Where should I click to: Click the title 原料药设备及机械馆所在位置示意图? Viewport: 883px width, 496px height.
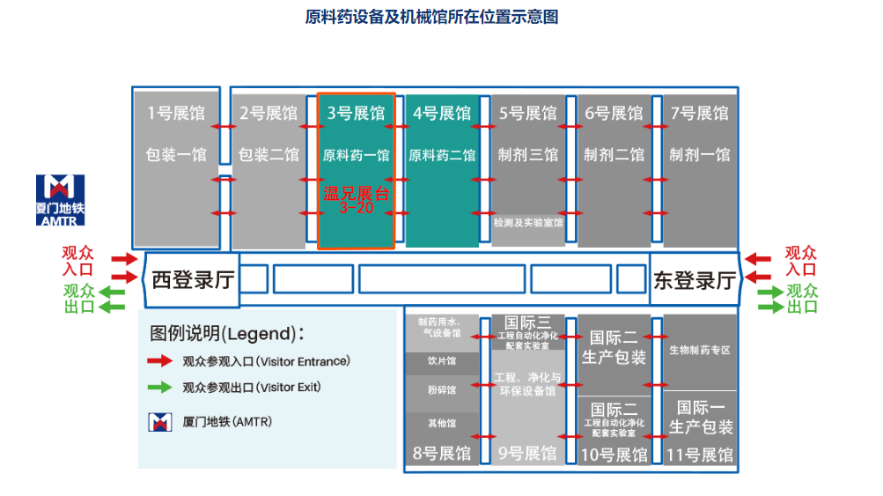pos(431,17)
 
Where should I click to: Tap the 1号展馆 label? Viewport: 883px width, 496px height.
pos(175,114)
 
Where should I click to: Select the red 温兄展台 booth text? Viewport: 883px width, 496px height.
pos(356,195)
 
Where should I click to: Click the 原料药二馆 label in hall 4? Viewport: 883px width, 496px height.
pos(442,155)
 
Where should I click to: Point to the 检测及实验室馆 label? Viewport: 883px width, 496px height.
pos(527,223)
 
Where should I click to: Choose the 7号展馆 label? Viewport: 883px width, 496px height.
pos(700,114)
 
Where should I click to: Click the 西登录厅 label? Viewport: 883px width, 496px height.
pos(192,280)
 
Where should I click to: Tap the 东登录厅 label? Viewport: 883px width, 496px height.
pos(695,280)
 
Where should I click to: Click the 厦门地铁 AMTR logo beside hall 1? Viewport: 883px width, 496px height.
pos(61,199)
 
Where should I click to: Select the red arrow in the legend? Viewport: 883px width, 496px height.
pos(159,360)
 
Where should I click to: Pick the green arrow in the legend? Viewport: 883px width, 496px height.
pos(159,387)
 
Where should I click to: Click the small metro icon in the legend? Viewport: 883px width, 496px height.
pos(159,422)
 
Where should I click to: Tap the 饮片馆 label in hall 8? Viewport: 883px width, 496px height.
pos(441,361)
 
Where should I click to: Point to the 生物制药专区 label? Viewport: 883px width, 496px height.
pos(700,350)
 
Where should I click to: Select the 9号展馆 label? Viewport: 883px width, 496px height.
pos(527,454)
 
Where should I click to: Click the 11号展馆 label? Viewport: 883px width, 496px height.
pos(700,455)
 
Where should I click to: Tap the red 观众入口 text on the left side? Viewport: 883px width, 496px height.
pos(78,261)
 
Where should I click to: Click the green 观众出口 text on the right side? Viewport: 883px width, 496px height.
pos(801,299)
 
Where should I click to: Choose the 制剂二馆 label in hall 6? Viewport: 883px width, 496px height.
pos(614,155)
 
